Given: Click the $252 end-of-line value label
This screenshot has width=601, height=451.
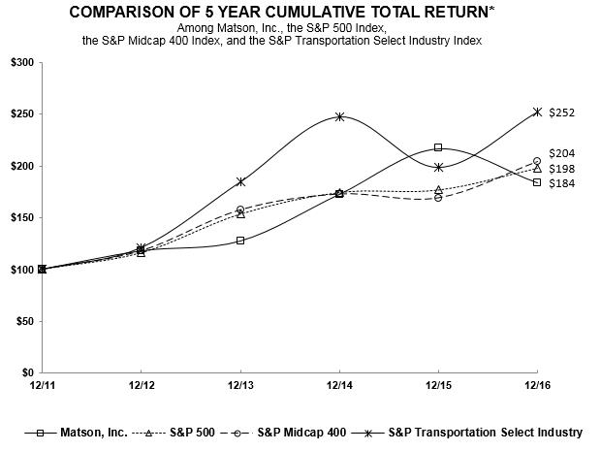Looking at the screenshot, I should point(562,113).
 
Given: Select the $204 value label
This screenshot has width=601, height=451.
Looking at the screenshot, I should point(562,153).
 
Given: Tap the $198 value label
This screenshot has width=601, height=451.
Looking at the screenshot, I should point(562,168).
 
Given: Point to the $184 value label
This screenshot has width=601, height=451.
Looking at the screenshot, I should point(562,183).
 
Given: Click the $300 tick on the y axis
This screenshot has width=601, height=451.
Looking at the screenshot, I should point(20,62).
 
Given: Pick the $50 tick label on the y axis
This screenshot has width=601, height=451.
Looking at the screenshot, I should point(23,321).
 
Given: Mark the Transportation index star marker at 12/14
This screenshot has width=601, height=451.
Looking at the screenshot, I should point(339,116).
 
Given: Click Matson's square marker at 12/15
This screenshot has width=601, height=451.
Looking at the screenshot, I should point(438,147).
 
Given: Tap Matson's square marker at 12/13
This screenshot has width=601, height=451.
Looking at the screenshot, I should point(240,241).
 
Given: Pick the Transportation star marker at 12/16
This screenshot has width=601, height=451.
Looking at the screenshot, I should point(537,112).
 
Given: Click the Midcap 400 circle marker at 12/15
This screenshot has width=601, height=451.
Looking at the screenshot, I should point(438,197).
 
